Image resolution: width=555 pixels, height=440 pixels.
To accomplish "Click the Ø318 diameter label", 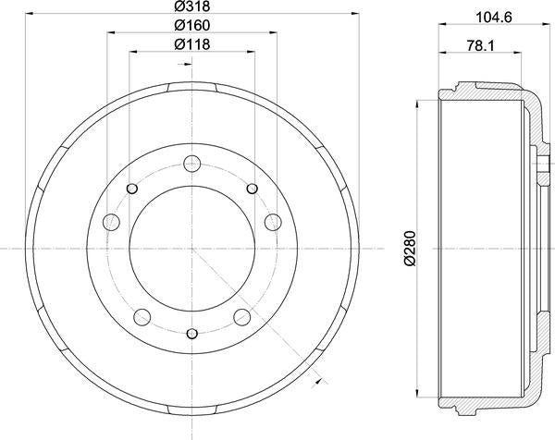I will [191, 7].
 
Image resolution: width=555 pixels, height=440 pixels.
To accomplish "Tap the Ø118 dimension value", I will [191, 45].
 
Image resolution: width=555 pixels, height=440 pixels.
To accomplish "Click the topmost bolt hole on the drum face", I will [192, 165].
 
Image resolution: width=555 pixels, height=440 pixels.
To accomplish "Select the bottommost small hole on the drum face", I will [192, 334].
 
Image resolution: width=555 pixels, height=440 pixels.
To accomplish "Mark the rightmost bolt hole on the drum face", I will [273, 222].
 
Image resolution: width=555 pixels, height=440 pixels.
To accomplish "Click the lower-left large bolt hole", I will [142, 317].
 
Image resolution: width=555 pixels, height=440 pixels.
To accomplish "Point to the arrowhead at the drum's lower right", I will [318, 376].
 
